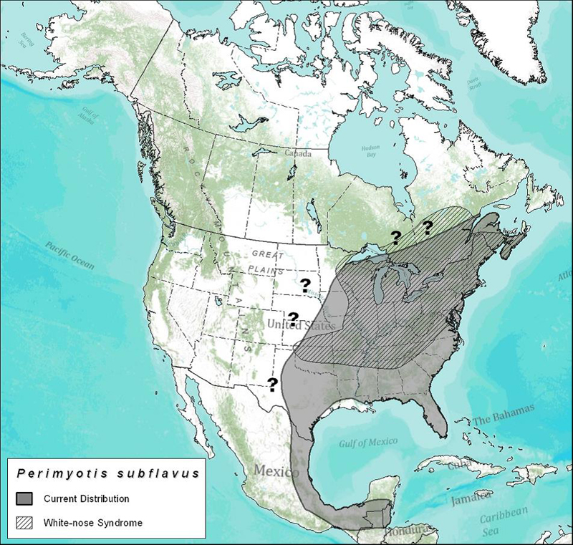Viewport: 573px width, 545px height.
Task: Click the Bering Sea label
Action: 28,38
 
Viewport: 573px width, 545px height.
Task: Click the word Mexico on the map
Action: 274,473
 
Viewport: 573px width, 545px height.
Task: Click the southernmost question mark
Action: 272,385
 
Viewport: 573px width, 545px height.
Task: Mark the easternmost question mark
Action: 428,228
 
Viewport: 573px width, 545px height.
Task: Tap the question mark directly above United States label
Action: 293,318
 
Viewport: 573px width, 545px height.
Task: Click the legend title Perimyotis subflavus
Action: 99,474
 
